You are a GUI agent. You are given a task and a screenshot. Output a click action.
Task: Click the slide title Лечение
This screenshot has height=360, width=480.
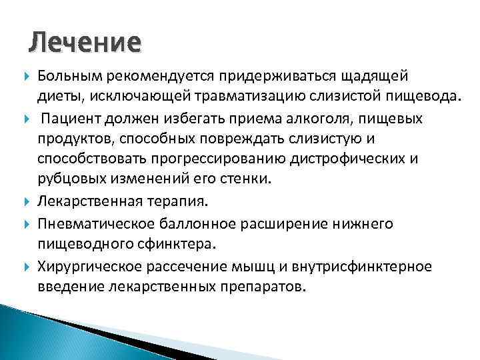click(x=85, y=42)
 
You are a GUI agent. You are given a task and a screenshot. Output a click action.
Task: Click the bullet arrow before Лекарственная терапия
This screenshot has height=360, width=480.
click(x=27, y=199)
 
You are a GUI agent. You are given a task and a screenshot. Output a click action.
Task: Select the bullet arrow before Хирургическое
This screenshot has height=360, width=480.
click(x=27, y=267)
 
